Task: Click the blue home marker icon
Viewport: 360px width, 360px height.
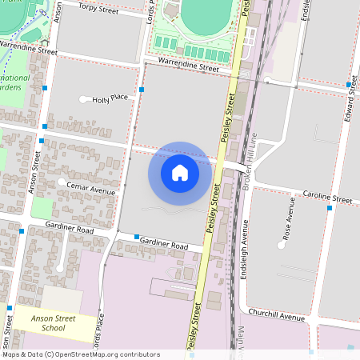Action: click(x=180, y=172)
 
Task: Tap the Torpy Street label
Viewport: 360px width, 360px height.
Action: click(x=97, y=10)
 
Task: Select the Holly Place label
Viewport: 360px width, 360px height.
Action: click(x=110, y=98)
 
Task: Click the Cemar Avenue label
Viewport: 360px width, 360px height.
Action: click(x=92, y=190)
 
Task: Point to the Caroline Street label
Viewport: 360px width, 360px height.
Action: click(x=327, y=196)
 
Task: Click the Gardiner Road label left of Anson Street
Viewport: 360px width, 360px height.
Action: click(x=74, y=230)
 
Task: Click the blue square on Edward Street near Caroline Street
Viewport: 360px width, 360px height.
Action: click(x=330, y=208)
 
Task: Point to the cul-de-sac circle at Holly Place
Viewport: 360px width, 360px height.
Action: click(x=85, y=100)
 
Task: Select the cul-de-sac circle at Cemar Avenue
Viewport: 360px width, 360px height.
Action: click(x=62, y=182)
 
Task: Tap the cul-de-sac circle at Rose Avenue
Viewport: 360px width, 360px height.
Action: click(x=281, y=246)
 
